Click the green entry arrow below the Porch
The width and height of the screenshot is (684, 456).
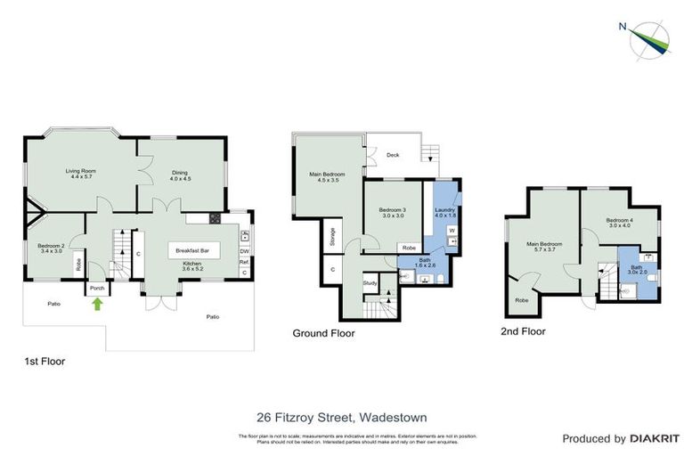(96, 305)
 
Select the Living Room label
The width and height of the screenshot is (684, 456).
(80, 174)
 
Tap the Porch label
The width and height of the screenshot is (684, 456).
(96, 288)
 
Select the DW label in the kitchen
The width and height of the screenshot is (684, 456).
(244, 251)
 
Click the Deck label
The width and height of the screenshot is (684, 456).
(392, 155)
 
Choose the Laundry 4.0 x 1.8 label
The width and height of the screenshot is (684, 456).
(445, 212)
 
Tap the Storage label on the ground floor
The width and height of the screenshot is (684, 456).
(332, 236)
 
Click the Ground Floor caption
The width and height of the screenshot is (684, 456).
(323, 334)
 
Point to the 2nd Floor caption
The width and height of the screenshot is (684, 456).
(523, 330)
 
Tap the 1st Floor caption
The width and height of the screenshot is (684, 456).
(45, 362)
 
